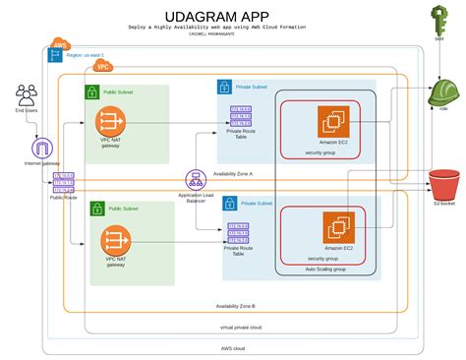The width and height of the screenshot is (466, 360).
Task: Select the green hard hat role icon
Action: pos(444,93)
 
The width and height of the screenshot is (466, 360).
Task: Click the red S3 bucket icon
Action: pos(444,184)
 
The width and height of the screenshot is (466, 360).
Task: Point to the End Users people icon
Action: pos(27,96)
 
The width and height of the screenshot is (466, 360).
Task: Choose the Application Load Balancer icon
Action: pos(195,179)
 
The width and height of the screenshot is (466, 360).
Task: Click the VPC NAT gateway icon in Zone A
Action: pos(110,122)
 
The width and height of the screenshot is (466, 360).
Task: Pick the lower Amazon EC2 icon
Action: pos(336,228)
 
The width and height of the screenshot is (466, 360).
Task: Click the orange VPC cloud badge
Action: pos(103,67)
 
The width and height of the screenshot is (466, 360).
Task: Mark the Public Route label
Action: pos(63,198)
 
